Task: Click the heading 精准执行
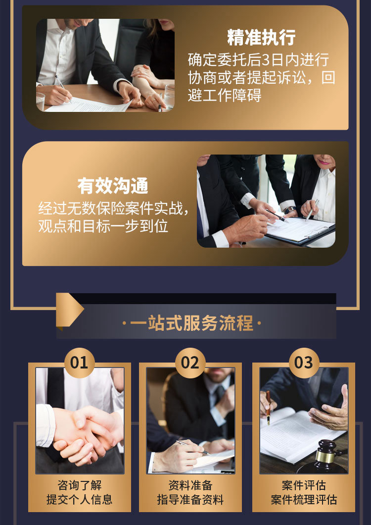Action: click(x=261, y=38)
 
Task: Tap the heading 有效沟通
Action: click(x=113, y=186)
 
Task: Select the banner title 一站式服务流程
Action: click(x=191, y=323)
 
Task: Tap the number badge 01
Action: click(x=79, y=363)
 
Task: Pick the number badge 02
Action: click(x=190, y=363)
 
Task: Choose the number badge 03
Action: click(x=304, y=363)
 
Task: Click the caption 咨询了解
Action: click(x=79, y=485)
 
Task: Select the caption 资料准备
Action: click(x=190, y=485)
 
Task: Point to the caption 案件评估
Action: click(x=304, y=485)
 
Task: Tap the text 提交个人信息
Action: click(x=79, y=500)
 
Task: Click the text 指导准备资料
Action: click(x=190, y=500)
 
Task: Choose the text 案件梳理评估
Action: click(x=304, y=500)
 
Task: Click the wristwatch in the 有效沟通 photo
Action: click(x=290, y=210)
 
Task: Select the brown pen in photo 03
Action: click(x=268, y=407)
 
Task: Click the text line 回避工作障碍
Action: click(x=225, y=96)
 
